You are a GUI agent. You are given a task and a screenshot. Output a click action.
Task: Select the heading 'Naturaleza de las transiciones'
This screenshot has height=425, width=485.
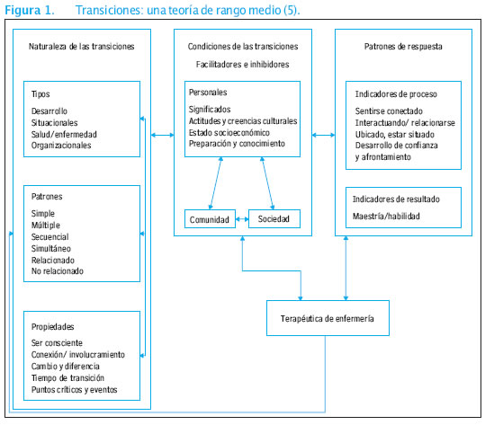pos(81,46)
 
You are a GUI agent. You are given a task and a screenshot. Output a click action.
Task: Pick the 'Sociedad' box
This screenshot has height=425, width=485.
pos(274,217)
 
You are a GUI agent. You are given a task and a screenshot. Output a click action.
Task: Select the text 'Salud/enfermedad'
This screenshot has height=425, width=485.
pos(64,134)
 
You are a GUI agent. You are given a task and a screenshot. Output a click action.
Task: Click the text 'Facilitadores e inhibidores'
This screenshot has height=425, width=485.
pos(243,65)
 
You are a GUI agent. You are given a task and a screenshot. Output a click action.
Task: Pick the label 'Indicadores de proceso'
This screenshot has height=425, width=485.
pos(396,93)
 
